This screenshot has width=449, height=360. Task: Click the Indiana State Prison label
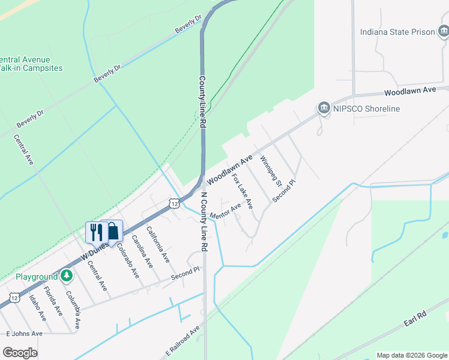[x=397, y=32]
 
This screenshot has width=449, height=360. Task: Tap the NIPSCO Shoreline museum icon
[x=324, y=108]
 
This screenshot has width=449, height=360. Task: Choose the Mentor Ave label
[x=226, y=211]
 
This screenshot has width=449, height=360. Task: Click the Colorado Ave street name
[x=128, y=260]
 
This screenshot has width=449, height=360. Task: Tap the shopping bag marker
[x=112, y=232]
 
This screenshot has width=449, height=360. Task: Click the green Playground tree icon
[x=68, y=277]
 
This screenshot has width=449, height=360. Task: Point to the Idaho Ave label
[x=37, y=307]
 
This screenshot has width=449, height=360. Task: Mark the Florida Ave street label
[x=53, y=305]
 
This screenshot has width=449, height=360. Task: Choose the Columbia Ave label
[x=73, y=309]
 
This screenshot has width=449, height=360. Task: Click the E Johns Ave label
[x=24, y=334]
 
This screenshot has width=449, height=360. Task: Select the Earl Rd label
[x=414, y=318]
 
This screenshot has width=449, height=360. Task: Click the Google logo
[x=20, y=353]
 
